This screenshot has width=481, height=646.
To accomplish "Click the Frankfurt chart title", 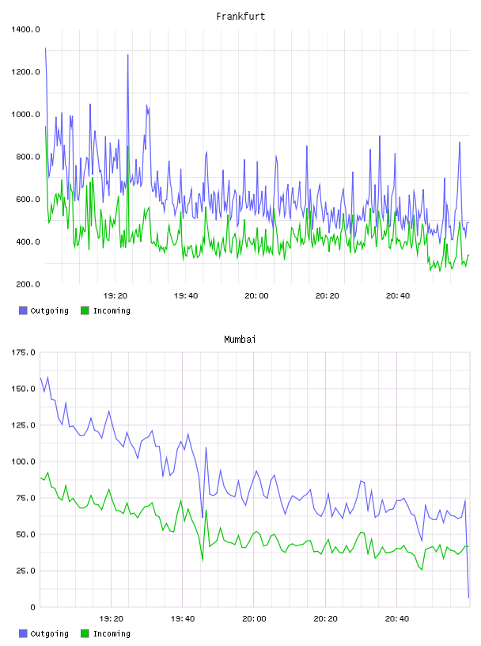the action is click(240, 17).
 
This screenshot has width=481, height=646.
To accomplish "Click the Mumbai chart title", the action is click(240, 340).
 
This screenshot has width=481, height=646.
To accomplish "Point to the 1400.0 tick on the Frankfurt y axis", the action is click(25, 29).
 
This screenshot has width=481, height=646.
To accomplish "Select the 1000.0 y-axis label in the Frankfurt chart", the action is click(25, 114).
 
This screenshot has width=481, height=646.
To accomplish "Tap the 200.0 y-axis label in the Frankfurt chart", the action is click(28, 284).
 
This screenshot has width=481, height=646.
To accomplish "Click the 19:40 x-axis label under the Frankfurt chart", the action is click(186, 296).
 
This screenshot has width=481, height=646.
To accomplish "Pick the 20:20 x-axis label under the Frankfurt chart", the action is click(327, 296).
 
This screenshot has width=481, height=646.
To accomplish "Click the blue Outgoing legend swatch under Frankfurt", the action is click(23, 310).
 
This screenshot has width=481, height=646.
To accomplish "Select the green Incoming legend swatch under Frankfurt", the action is click(85, 310).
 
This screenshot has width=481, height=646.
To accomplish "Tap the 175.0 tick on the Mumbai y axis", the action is click(23, 352).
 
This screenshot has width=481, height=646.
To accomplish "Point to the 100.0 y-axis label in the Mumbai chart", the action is click(23, 462).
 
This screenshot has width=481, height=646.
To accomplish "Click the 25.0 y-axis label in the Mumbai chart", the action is click(25, 571).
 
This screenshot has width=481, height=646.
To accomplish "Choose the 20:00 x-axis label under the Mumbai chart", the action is click(254, 619).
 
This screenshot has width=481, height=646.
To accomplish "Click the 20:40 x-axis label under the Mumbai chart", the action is click(397, 619).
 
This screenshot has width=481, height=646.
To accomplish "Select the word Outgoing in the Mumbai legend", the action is click(49, 633).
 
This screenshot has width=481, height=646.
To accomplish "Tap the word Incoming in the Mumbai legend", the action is click(112, 633).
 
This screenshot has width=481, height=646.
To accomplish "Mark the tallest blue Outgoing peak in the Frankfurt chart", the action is click(45, 48).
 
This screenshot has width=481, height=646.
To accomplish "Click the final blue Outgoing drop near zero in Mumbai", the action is click(468, 598).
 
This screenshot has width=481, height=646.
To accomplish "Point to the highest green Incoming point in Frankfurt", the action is click(45, 127).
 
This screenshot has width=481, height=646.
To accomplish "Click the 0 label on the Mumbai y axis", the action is click(32, 607).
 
